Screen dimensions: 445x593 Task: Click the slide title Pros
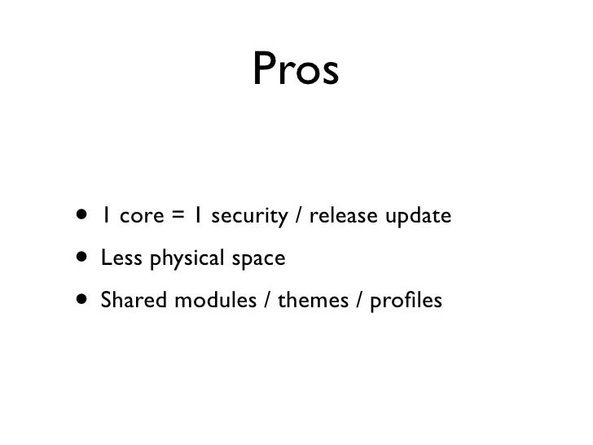295,71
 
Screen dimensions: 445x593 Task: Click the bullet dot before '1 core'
83,218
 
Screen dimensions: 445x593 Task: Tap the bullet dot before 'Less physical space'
83,260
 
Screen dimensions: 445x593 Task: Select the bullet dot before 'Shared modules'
83,302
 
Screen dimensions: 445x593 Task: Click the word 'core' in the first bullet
140,218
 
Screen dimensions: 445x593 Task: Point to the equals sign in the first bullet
177,218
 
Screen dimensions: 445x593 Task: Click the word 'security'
248,218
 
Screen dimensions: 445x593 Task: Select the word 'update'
420,218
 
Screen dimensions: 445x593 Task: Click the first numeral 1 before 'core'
107,218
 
